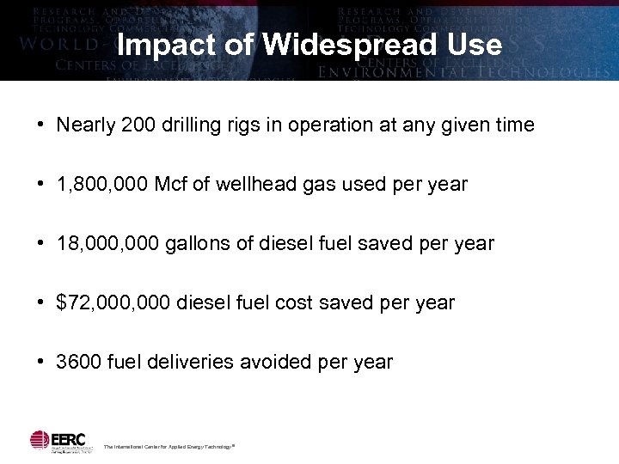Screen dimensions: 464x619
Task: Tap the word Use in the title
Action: click(x=473, y=45)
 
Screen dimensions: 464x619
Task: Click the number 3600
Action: click(x=79, y=362)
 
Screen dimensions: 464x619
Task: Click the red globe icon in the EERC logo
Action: click(x=40, y=439)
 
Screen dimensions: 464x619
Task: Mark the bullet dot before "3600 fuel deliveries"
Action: click(x=40, y=362)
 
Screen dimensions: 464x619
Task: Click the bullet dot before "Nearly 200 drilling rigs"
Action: click(x=40, y=125)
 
